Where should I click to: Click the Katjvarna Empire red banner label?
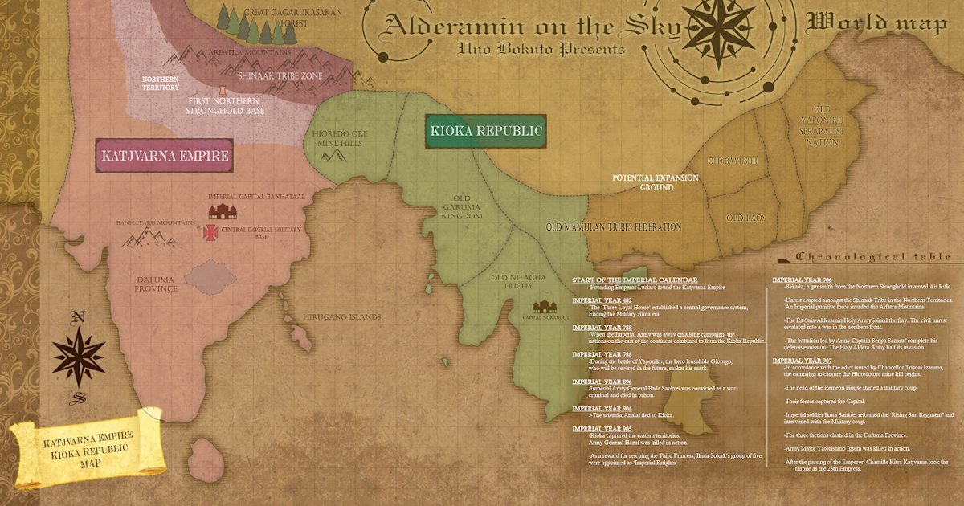(163, 155)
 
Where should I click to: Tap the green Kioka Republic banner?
(486, 131)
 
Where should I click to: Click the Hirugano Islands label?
(341, 317)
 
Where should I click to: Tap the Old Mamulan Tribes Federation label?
(614, 227)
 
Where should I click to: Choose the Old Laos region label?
(746, 218)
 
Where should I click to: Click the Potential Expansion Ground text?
(656, 182)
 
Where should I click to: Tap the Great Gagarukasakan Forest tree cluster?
(246, 25)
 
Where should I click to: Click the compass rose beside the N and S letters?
(78, 353)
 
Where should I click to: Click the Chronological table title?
(874, 257)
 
